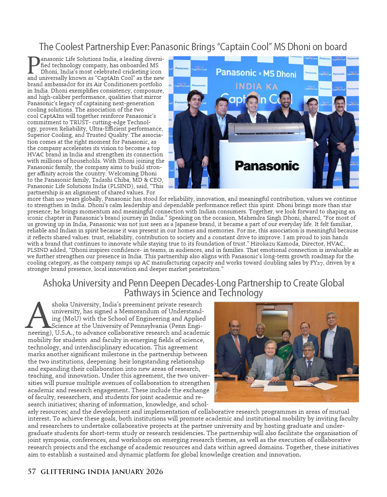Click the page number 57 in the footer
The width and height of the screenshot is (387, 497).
(32, 472)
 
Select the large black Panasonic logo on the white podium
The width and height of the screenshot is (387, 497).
(267, 165)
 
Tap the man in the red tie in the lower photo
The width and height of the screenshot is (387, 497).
(234, 344)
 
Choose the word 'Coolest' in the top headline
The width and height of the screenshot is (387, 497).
(74, 47)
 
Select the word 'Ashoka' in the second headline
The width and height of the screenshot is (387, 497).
(59, 283)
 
